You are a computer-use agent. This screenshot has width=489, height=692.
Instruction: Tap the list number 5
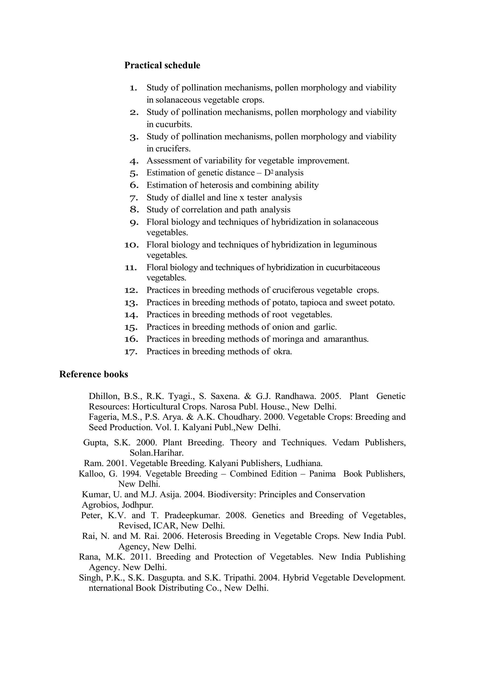(134, 173)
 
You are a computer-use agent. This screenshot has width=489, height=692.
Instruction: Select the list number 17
(131, 352)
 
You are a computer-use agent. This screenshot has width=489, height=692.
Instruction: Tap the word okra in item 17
(282, 351)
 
